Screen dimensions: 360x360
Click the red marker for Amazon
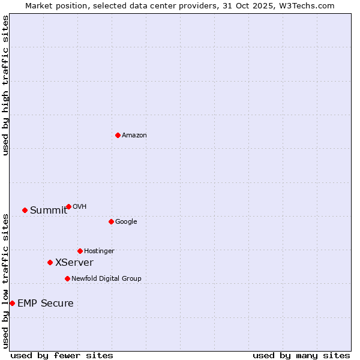118,135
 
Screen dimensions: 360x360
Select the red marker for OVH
68,206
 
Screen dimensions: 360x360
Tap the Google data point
111,221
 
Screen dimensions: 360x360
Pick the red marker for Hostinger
80,251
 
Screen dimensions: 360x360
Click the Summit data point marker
25,210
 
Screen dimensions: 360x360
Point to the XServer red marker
50,262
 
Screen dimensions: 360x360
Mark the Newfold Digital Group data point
67,278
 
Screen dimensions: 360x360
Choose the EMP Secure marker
12,303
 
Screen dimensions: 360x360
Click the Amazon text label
134,135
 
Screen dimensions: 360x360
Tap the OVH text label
80,206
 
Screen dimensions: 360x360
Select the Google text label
126,221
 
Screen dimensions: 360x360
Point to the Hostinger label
99,251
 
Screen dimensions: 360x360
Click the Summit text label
49,210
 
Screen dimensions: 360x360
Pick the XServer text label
74,262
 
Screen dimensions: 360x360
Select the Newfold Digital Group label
106,278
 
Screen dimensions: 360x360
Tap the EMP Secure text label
46,303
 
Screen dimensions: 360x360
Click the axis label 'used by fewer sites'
62,355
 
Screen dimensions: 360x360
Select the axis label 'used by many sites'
301,355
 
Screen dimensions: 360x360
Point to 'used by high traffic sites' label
6,85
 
